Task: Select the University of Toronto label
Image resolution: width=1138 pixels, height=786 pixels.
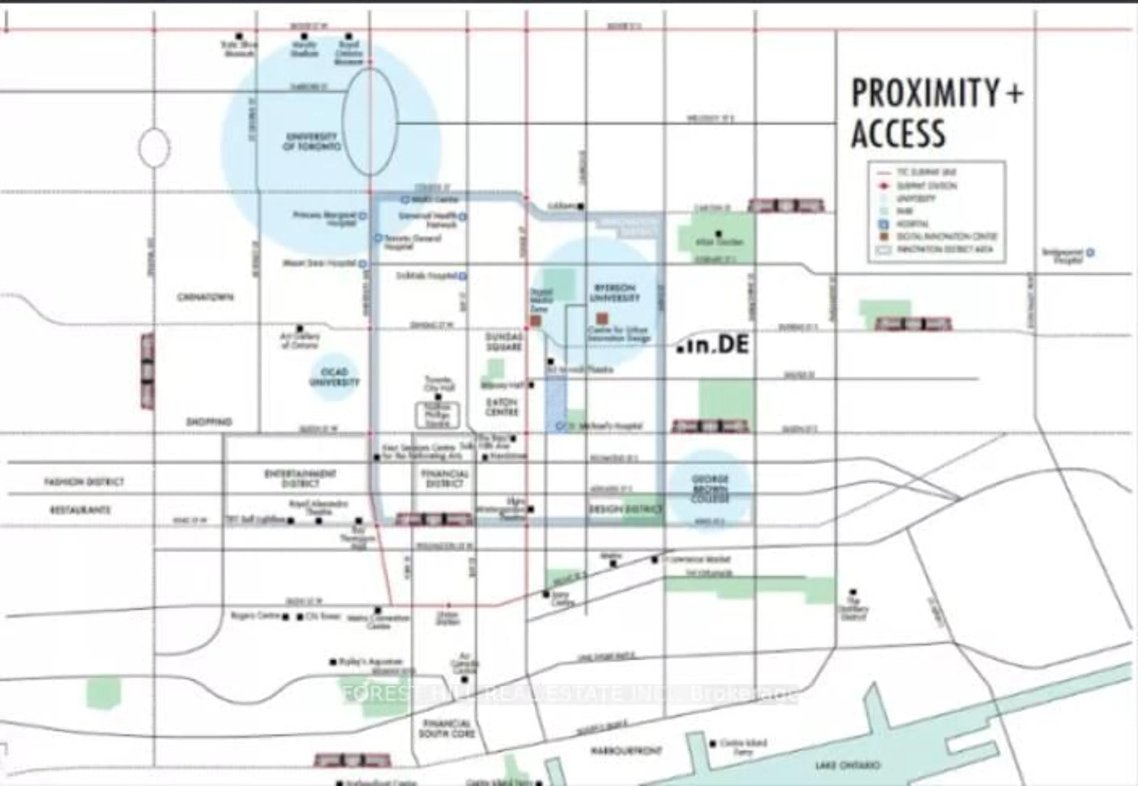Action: coord(311,141)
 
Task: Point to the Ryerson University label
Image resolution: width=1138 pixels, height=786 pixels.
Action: coord(614,293)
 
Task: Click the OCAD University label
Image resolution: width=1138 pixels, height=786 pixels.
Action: coord(334,377)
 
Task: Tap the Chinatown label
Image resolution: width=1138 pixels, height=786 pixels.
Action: coord(205,297)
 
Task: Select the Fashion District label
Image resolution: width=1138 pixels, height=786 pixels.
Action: coord(84,482)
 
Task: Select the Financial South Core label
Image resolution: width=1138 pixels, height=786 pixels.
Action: coord(446,728)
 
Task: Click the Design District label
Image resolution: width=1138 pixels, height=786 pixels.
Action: coord(625,509)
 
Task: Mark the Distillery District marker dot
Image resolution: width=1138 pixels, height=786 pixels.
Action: coord(853,592)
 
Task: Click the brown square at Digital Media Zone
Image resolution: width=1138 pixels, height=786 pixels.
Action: coord(536,321)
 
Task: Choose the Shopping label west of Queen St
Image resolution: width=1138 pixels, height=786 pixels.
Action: coord(209,422)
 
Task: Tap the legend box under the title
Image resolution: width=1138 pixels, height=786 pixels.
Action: coord(936,212)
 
